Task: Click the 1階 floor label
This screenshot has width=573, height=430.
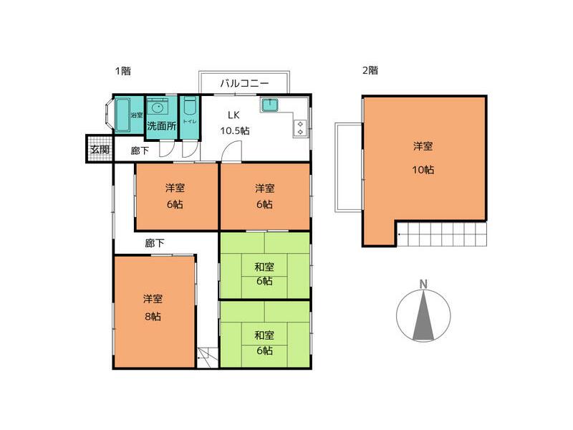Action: pos(122,71)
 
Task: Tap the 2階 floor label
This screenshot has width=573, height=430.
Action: pos(370,71)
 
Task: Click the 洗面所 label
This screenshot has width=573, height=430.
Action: pos(161,127)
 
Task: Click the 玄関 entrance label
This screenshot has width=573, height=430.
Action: pos(100,150)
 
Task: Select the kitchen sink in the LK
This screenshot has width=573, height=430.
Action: pos(270,106)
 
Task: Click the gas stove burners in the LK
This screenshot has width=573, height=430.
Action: pos(299,128)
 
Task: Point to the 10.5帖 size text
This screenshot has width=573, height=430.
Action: pos(234,130)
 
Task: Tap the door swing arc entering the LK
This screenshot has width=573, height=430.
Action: pos(230,149)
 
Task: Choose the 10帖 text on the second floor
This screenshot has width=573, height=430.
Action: pos(423,170)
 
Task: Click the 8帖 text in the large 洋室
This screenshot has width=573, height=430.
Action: pos(152,315)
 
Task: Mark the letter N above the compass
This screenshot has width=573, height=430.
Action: pos(423,284)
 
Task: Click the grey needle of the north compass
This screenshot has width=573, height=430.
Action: pos(423,315)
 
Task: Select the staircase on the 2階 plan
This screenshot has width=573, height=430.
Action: pos(440,234)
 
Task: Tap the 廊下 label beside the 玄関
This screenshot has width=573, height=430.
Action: pos(140,151)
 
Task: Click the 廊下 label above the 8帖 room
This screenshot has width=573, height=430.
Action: pos(155,244)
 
